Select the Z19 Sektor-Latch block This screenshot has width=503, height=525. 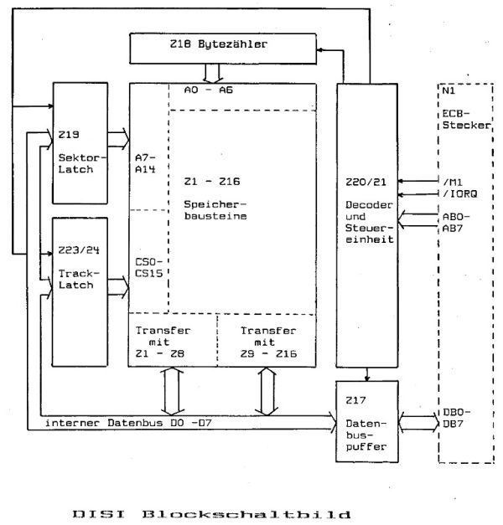(x=81, y=143)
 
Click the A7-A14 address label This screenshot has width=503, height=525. (x=148, y=163)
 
